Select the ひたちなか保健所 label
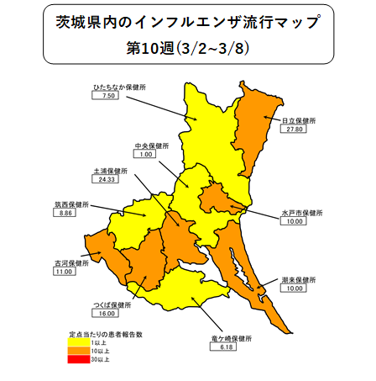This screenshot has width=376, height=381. point(115,86)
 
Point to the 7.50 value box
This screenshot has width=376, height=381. point(107,96)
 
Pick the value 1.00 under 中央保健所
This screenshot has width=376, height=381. point(148,155)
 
